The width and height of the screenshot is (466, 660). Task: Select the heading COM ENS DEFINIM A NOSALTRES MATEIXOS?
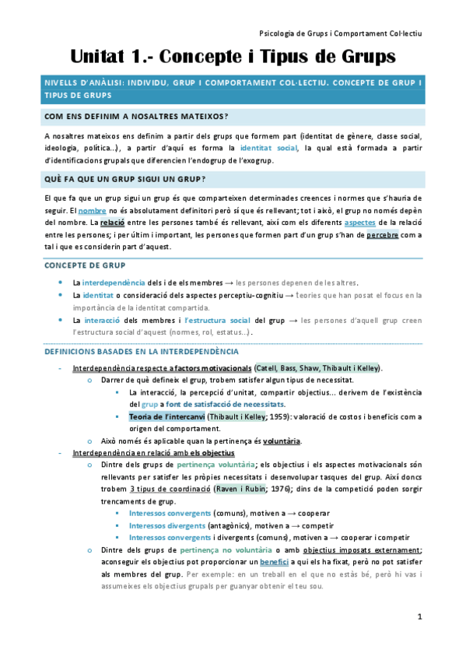click(x=136, y=117)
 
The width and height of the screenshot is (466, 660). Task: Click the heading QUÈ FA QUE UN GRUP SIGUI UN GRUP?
click(x=125, y=180)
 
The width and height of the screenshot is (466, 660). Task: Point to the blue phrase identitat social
click(x=269, y=148)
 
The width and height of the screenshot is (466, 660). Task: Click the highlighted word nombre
click(x=93, y=211)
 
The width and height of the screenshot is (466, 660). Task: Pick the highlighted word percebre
click(x=383, y=235)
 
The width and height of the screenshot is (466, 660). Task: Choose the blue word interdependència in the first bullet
click(x=113, y=283)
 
